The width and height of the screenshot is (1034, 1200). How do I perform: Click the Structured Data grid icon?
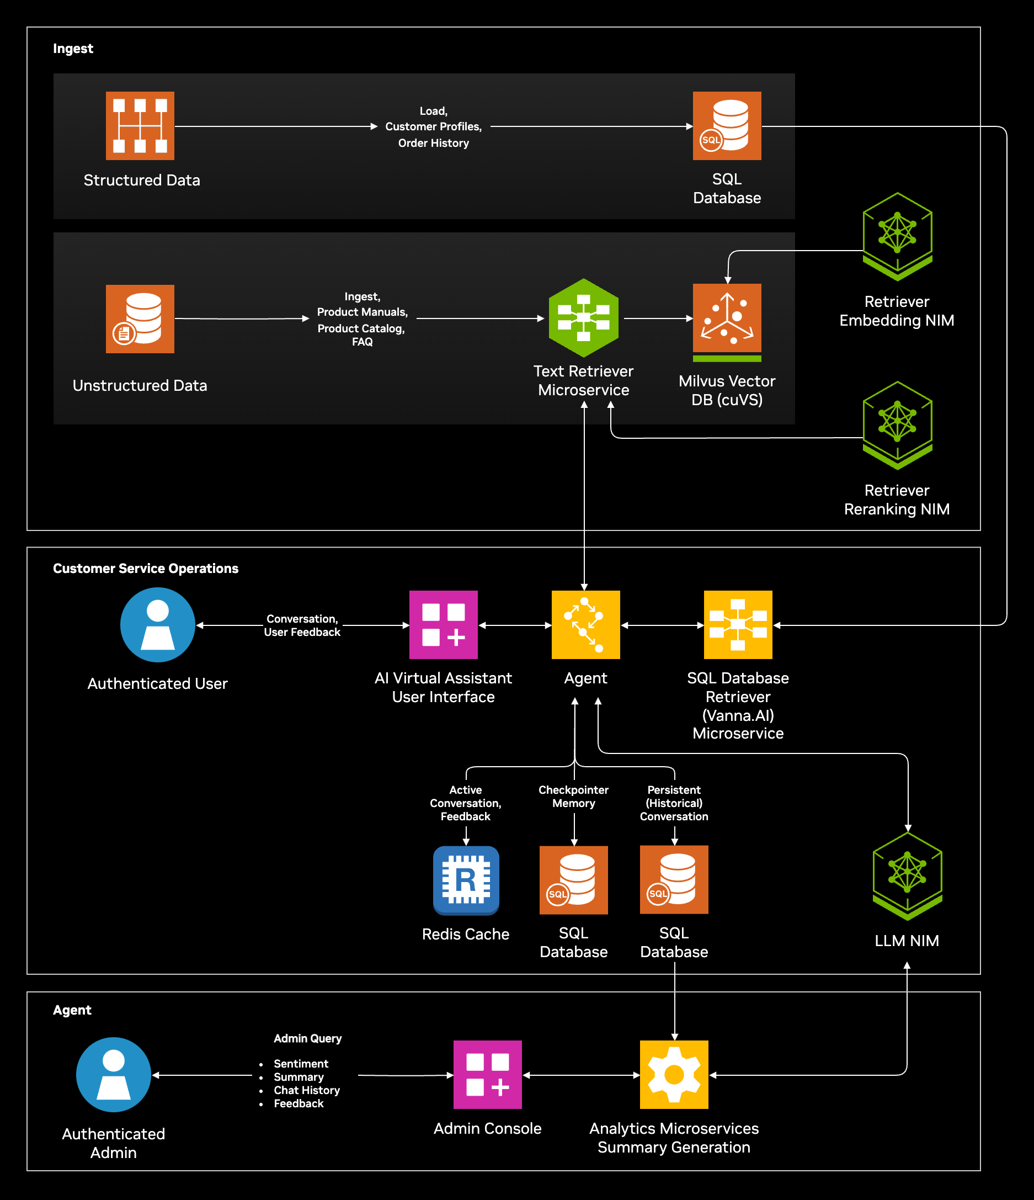click(140, 126)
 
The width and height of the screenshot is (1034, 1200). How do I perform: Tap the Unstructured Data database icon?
click(140, 318)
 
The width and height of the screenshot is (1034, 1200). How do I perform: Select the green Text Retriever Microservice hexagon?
click(584, 317)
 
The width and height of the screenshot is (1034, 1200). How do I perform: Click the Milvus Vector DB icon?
click(727, 318)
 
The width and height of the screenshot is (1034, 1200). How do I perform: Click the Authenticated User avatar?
click(157, 624)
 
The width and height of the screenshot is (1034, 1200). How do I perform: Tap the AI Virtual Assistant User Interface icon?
click(443, 624)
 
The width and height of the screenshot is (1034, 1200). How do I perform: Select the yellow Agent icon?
click(585, 624)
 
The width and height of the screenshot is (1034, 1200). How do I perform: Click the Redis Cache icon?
click(466, 880)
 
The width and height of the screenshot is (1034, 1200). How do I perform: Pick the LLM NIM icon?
click(907, 875)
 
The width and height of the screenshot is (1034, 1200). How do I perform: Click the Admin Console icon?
click(487, 1074)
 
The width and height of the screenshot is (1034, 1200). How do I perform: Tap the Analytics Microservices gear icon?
click(674, 1074)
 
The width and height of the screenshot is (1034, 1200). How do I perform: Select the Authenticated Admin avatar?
click(114, 1074)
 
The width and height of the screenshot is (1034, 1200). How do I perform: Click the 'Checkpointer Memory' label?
click(573, 797)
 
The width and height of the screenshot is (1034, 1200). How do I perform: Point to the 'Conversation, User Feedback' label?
click(302, 625)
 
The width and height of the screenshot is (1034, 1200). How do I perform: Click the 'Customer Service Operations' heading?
click(145, 568)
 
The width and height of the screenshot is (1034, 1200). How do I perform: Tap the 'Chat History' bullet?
click(306, 1090)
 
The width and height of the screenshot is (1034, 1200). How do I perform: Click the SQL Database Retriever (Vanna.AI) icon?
click(738, 624)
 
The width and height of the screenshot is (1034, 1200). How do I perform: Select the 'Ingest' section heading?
click(73, 49)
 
